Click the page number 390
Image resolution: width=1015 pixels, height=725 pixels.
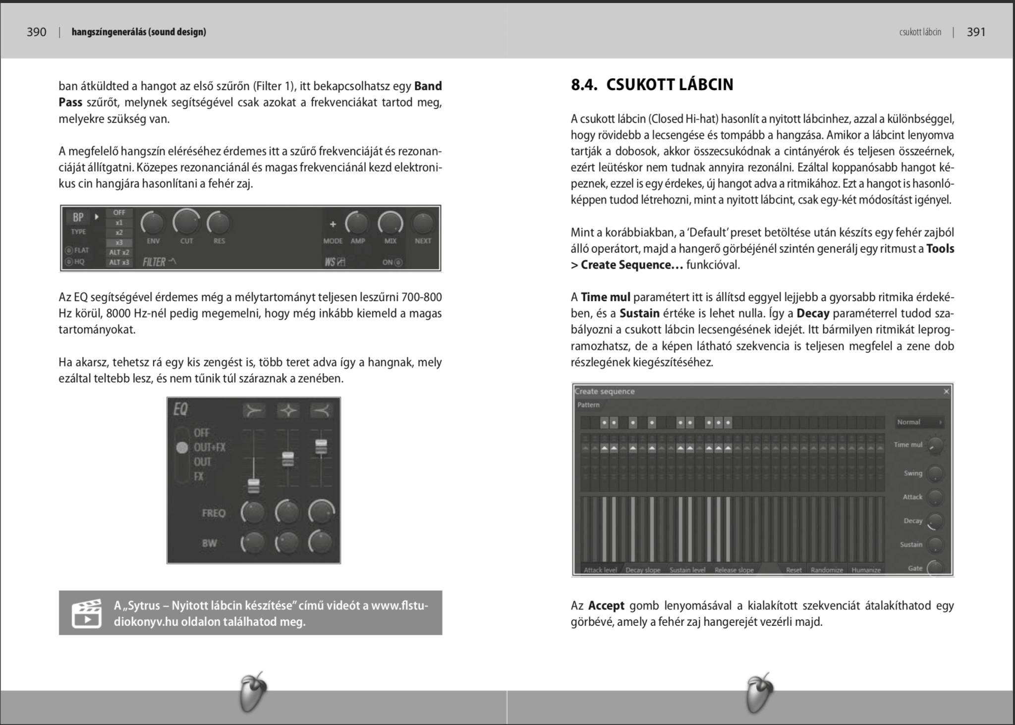point(36,32)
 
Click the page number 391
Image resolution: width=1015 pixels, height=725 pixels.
point(976,32)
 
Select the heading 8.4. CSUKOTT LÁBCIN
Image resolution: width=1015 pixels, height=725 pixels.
point(652,85)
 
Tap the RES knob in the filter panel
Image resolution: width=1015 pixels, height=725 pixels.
point(219,223)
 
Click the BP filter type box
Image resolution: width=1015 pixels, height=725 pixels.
point(78,217)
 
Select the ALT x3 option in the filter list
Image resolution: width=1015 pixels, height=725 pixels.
point(119,262)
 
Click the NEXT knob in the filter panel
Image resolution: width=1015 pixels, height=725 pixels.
point(423,223)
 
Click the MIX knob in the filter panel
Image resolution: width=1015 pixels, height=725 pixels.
point(391,223)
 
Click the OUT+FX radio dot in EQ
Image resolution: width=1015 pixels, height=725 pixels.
point(182,447)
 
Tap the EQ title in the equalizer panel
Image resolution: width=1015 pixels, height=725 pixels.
point(180,410)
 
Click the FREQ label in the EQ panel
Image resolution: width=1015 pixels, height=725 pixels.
point(214,513)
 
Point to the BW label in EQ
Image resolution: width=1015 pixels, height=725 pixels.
point(210,543)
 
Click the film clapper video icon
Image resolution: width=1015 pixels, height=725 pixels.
point(86,613)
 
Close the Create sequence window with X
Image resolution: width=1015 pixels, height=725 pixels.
point(946,391)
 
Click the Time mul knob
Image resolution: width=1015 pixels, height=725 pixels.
point(935,446)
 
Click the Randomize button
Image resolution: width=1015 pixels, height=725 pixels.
point(827,570)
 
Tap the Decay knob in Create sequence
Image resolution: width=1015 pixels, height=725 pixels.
point(935,521)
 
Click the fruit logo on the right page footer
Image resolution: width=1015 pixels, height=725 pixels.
point(759,693)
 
